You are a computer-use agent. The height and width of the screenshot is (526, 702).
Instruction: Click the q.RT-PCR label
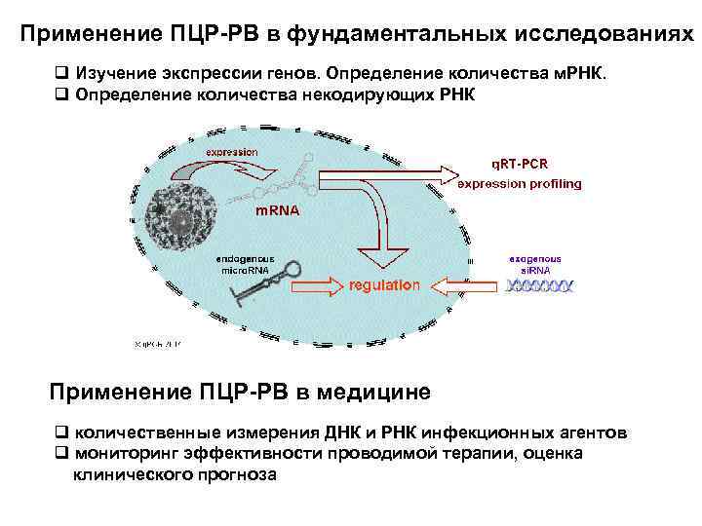(x=521, y=164)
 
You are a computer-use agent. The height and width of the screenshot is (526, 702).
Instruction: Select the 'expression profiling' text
(x=520, y=183)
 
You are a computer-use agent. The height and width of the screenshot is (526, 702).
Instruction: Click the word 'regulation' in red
(x=384, y=285)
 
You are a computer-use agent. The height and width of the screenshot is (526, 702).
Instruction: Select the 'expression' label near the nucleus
(x=232, y=152)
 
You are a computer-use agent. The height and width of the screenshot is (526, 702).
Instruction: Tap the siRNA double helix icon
(x=539, y=285)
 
